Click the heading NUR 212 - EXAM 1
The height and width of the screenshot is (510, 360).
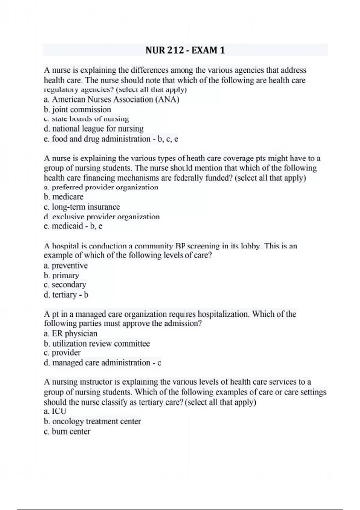pos(185,50)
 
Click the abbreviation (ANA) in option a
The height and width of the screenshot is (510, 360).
pos(167,99)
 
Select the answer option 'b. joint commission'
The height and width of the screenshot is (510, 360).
pos(77,109)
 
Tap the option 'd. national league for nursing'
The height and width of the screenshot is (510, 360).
pos(94,129)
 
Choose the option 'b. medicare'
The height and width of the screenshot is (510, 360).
pos(64,197)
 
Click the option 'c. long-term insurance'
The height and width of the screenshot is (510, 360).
pos(82,207)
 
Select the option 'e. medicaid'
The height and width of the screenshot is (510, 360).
pos(63,226)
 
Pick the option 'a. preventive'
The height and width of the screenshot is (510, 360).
pos(66,265)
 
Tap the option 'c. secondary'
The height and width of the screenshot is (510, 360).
pos(65,284)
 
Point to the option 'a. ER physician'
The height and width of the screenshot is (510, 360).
pos(70,333)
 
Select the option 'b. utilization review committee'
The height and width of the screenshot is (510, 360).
pos(97,343)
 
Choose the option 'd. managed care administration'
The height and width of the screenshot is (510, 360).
pos(97,363)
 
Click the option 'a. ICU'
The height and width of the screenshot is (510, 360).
pos(55,411)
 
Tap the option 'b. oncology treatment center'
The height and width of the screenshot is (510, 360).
pos(92,421)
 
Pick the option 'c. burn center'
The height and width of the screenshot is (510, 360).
pos(67,431)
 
